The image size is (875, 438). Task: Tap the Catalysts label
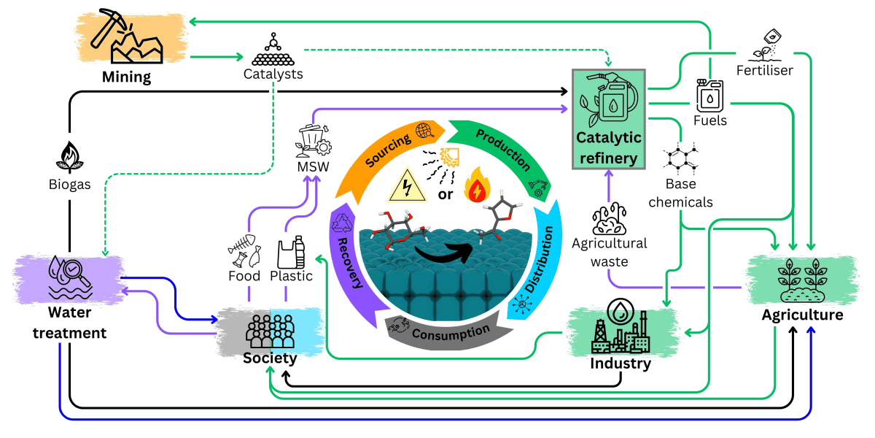pos(273,74)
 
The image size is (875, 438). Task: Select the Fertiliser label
pos(763,70)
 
